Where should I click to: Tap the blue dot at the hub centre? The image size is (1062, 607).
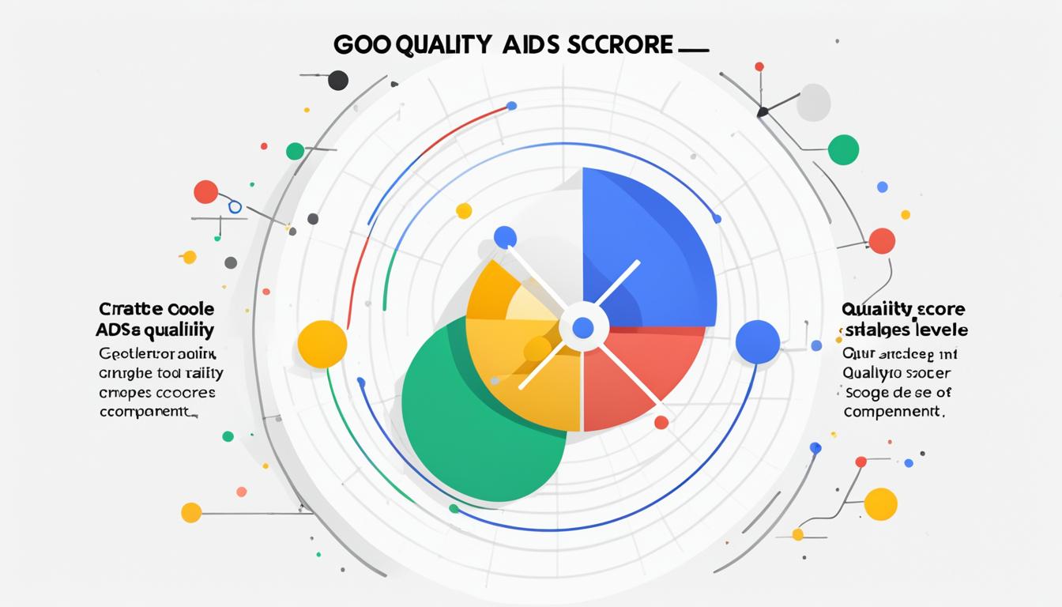point(583,327)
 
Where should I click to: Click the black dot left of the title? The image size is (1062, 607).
point(338,80)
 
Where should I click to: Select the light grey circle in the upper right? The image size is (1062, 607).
point(813,103)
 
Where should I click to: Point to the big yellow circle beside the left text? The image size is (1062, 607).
point(322,344)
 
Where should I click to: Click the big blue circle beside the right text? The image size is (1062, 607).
point(758,342)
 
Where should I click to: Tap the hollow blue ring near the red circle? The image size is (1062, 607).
point(235,207)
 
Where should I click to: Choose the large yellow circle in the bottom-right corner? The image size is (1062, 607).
point(880,504)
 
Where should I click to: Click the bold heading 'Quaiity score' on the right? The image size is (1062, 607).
point(903,309)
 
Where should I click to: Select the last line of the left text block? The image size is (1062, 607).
point(147,412)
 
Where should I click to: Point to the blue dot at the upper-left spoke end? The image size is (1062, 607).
point(505,237)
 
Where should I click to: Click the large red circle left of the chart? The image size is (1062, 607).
point(205,192)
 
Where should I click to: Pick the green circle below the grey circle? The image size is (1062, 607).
point(843,149)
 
